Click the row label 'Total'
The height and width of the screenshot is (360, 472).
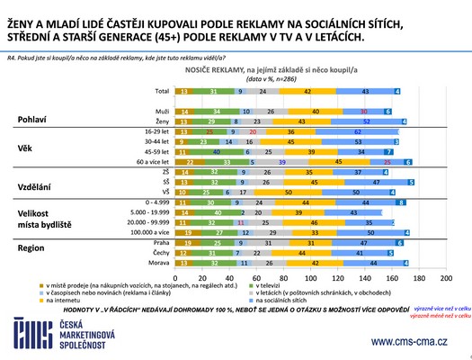[162, 91]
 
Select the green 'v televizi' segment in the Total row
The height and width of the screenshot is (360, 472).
[209, 91]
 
